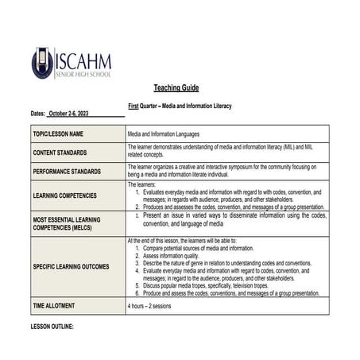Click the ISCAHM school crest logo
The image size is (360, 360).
point(42,63)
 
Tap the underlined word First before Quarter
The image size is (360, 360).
point(134,106)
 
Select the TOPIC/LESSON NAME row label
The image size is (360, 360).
point(58,134)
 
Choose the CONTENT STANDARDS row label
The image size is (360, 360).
point(60,152)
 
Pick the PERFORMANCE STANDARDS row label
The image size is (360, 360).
point(67,171)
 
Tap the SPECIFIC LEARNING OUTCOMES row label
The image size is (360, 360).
point(72,266)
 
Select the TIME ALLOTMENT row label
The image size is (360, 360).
point(55,305)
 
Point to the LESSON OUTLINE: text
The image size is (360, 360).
point(52,326)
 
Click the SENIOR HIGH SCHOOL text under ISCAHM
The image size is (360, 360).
point(83,75)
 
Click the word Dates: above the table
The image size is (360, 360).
point(38,114)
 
